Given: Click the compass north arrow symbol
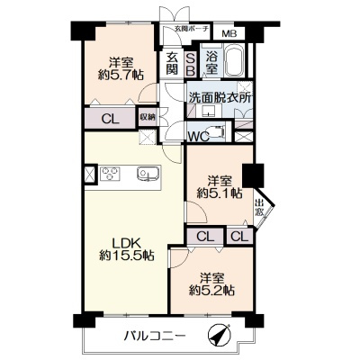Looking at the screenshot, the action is [x=220, y=335].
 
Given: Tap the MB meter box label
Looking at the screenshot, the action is [x=229, y=33].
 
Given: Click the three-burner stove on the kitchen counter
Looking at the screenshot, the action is [x=110, y=174].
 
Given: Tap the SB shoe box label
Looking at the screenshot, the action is [x=191, y=65].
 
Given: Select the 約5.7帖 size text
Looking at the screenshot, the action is [x=121, y=75].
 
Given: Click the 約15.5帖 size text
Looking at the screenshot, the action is [x=126, y=256].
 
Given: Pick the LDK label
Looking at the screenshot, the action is [x=126, y=242].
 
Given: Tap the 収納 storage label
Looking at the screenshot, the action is [x=148, y=117].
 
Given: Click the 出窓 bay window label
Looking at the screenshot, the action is [x=259, y=208].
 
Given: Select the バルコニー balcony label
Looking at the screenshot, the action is [x=155, y=335].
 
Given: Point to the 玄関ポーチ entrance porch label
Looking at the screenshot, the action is [x=192, y=29].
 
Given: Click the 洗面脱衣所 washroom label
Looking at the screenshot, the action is [x=220, y=98].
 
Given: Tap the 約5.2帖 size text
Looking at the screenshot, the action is [x=211, y=291].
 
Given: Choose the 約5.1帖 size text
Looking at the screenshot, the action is [x=220, y=193].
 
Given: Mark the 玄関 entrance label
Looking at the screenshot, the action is [x=172, y=63].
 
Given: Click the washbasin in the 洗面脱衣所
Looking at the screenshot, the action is [x=207, y=112].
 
